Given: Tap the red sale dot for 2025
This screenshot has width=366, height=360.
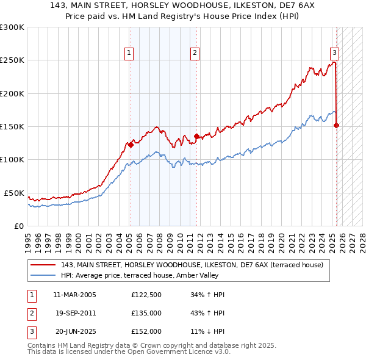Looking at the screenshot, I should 337,125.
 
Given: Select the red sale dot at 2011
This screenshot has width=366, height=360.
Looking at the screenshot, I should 196,137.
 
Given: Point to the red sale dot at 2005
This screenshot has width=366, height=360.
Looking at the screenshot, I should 131,145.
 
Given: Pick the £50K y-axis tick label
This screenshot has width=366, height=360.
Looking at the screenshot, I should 14,193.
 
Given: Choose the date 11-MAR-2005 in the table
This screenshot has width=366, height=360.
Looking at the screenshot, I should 75,295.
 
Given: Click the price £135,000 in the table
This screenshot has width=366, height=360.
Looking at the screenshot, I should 146,313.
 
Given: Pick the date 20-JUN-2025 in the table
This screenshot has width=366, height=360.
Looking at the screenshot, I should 75,331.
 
